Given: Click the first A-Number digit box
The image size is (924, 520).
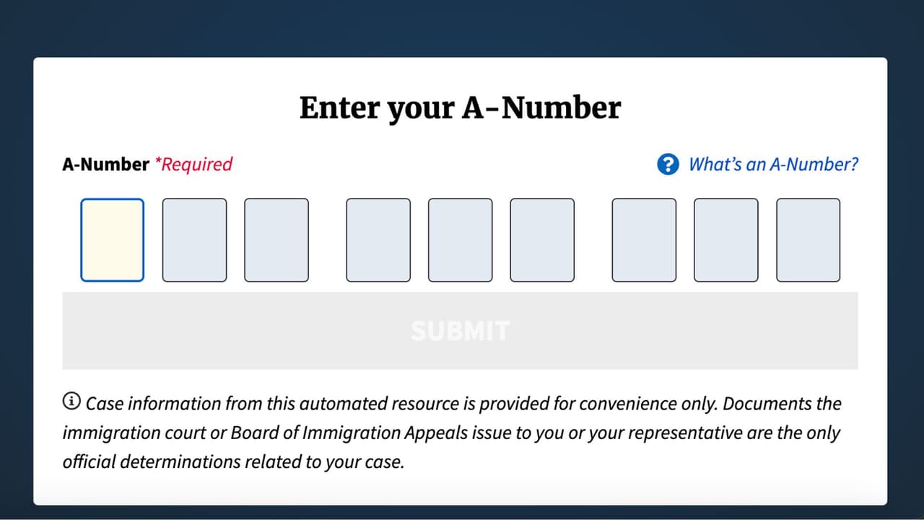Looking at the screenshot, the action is (x=112, y=240).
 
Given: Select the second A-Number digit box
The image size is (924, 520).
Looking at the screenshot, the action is (x=194, y=240).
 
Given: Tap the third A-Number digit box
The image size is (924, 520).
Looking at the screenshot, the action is (x=276, y=240).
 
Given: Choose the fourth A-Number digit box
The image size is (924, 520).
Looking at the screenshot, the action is (x=378, y=240).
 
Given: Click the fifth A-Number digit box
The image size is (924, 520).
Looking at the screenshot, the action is (x=461, y=240).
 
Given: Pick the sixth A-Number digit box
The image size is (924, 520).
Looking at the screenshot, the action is (x=542, y=240).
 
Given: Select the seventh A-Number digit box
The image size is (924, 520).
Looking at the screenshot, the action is (x=644, y=240).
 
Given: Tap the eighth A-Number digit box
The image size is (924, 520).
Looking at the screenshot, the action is (x=726, y=240).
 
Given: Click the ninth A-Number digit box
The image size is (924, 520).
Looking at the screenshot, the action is (x=808, y=240).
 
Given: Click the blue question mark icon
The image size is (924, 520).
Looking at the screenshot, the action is (x=668, y=164).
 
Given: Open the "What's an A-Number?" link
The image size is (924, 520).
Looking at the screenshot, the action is (x=773, y=164).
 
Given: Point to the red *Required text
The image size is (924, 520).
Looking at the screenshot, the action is (x=193, y=165).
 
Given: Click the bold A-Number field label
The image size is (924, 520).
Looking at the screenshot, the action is (x=105, y=164).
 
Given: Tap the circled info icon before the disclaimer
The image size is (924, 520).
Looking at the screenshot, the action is (x=71, y=401).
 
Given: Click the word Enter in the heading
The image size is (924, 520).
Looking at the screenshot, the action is (x=339, y=108).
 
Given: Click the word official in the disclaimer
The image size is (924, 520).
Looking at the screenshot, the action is (x=89, y=461).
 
